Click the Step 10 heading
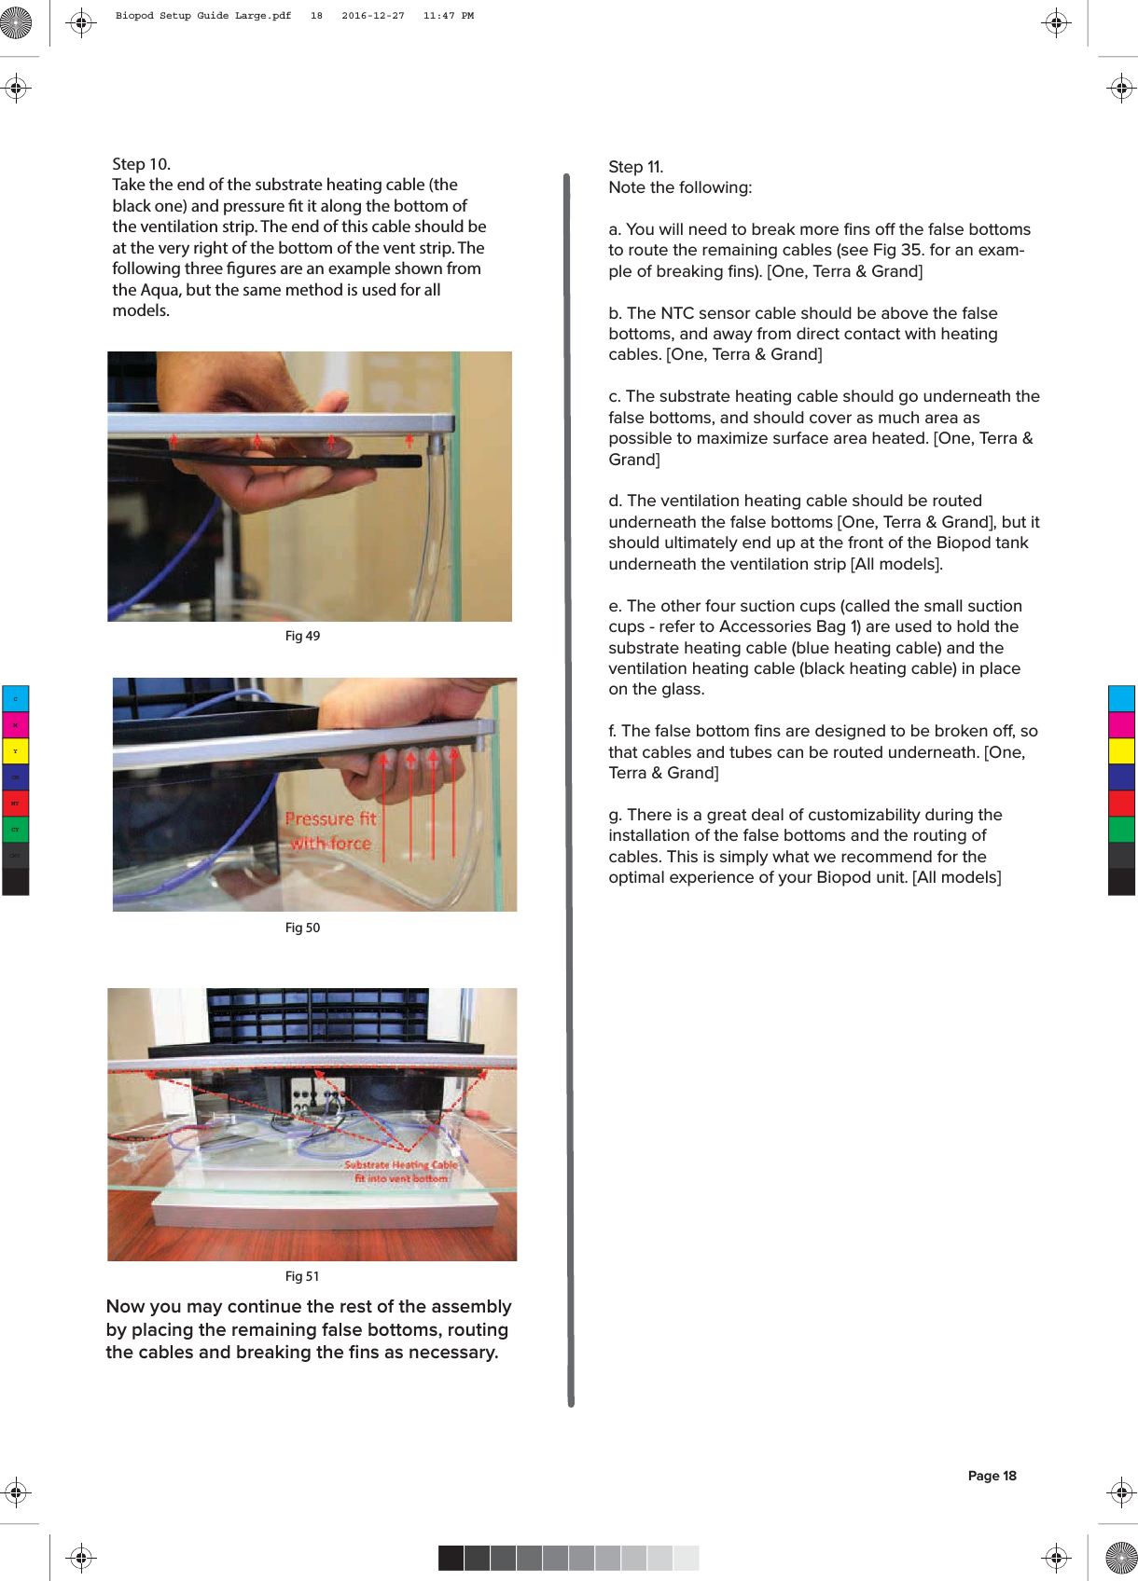(141, 164)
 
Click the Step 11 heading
(635, 167)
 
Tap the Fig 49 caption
(302, 636)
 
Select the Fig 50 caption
(302, 928)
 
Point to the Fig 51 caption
(302, 1276)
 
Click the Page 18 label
(992, 1476)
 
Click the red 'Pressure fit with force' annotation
(330, 831)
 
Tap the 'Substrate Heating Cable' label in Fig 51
(401, 1165)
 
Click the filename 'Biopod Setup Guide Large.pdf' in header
(202, 16)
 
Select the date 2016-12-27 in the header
(372, 16)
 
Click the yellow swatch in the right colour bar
(1121, 750)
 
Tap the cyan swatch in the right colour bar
(1121, 698)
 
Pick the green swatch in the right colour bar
(1121, 829)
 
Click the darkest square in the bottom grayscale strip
(451, 1558)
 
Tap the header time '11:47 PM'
(448, 16)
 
